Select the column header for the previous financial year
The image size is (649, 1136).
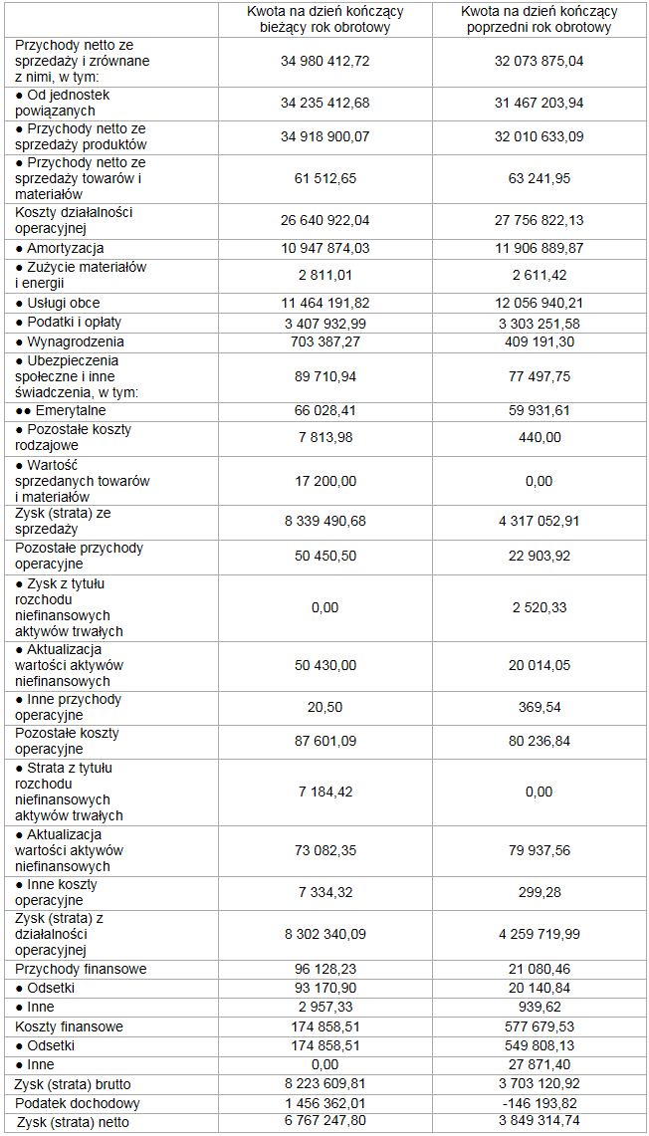539,19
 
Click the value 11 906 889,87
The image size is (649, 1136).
539,248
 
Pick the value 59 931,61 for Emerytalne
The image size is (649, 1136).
539,410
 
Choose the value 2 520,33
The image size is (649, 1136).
539,607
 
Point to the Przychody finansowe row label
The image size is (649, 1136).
81,969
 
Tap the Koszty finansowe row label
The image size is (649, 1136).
69,1026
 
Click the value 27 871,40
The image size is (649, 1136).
539,1064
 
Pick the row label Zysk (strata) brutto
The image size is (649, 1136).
73,1084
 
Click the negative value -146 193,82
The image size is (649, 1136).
539,1103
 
